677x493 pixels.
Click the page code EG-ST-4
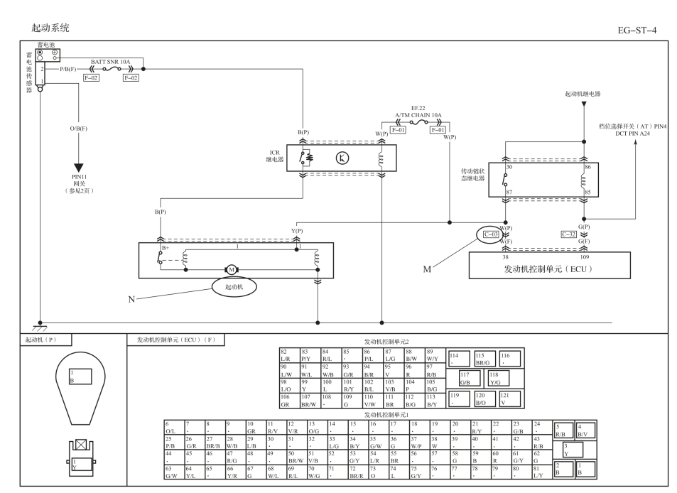[x=637, y=31]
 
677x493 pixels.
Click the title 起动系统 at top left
[x=50, y=28]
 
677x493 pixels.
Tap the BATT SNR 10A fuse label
[x=110, y=62]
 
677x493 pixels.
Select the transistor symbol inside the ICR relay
[x=342, y=158]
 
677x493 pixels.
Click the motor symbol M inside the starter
[x=232, y=270]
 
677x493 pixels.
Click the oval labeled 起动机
[x=234, y=287]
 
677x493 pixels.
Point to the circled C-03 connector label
[x=491, y=234]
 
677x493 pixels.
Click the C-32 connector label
[x=568, y=234]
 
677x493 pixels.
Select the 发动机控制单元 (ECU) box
[x=550, y=266]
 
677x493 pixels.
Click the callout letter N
[x=131, y=299]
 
